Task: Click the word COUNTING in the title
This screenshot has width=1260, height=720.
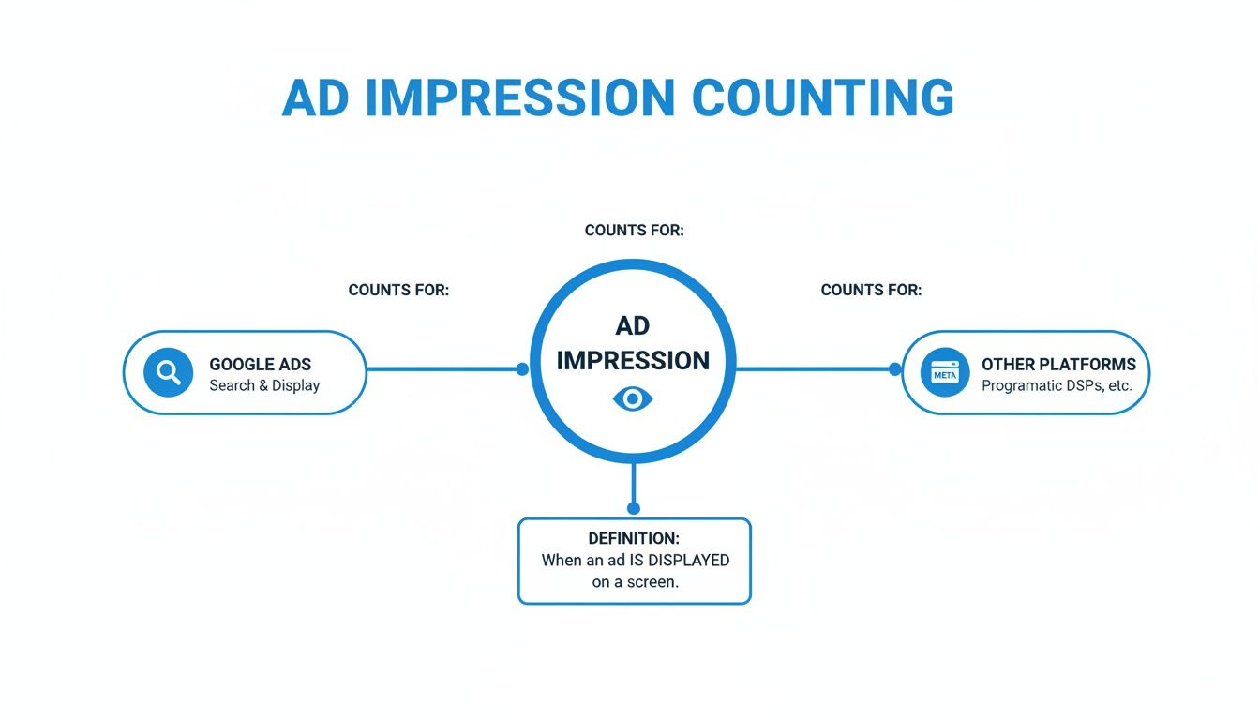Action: point(822,97)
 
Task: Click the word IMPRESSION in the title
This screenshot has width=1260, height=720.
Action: point(518,97)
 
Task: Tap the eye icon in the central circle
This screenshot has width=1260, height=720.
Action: point(633,399)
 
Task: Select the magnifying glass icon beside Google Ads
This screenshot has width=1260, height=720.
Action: point(169,372)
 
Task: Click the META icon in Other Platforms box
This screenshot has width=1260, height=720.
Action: point(944,373)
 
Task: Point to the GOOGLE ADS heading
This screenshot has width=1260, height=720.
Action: point(260,364)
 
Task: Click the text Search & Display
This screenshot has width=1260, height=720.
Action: point(264,385)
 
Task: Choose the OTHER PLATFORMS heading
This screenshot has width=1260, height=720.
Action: point(1057,364)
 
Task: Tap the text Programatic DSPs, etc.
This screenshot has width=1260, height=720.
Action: point(1057,385)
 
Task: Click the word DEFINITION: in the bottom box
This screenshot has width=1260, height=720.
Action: point(634,538)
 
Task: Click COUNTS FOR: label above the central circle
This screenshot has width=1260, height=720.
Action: point(634,230)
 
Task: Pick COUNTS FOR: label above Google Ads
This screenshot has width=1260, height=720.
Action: point(398,290)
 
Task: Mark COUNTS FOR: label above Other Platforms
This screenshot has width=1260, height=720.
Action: point(871,290)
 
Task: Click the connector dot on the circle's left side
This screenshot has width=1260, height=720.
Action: point(522,369)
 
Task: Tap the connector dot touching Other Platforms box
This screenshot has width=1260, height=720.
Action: point(894,369)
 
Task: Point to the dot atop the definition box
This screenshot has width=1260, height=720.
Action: point(634,508)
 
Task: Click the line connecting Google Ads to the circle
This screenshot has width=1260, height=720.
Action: point(441,369)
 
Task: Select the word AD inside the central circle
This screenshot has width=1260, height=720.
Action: point(633,325)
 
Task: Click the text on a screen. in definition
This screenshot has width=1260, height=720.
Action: point(634,581)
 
